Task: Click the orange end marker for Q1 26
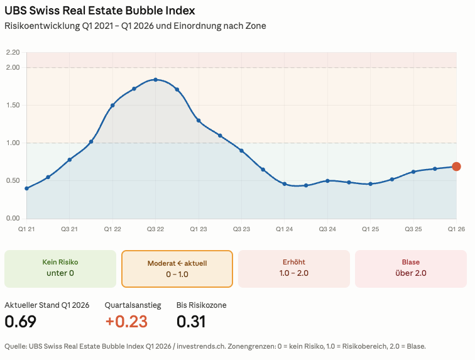coord(456,166)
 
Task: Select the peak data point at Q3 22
coord(155,80)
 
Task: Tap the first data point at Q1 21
coord(26,188)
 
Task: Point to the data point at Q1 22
coord(112,106)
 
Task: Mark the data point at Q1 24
coord(285,184)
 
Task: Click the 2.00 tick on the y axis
coord(13,68)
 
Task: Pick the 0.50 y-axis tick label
coord(13,180)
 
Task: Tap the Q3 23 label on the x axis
coord(241,229)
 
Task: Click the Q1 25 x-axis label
coord(370,229)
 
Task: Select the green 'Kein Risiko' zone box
coord(60,269)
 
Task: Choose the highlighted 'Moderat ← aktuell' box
coord(177,269)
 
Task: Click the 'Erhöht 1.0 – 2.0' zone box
coord(294,269)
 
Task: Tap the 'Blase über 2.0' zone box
coord(411,269)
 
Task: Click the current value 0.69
coord(20,322)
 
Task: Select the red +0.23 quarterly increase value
coord(126,322)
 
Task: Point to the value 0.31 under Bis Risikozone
coord(191,322)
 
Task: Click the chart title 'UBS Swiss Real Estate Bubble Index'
coord(100,11)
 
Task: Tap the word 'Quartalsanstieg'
coord(133,305)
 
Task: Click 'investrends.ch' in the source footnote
coord(201,346)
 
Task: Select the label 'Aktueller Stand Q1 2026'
coord(47,305)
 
